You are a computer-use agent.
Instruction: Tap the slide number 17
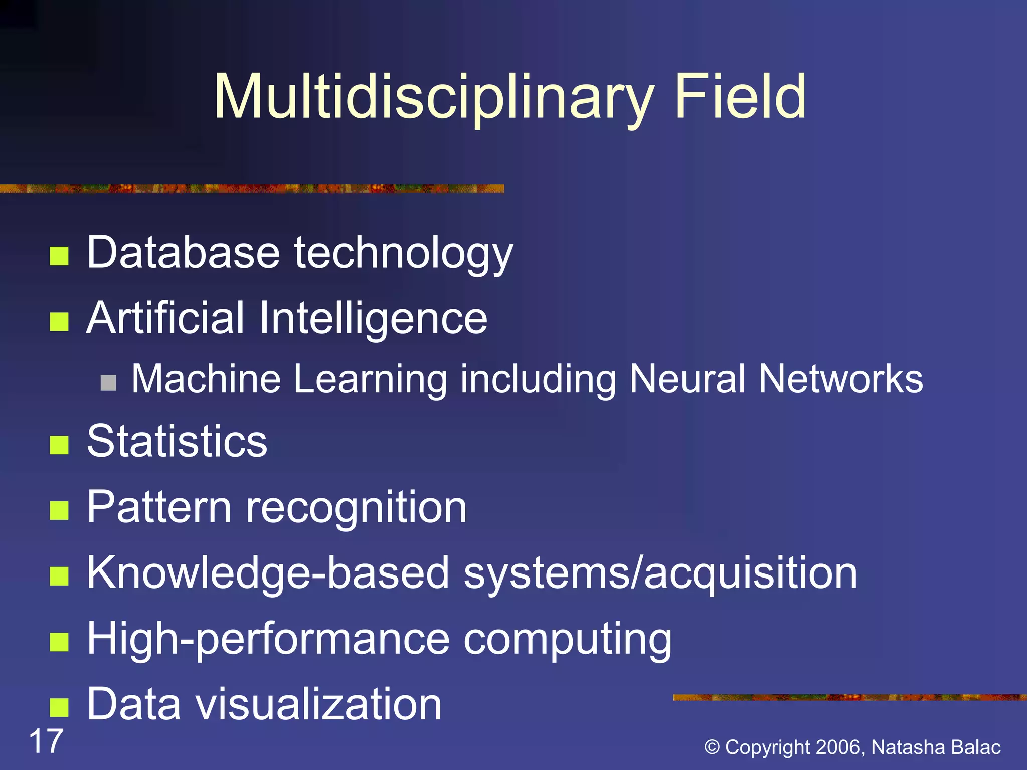pos(46,741)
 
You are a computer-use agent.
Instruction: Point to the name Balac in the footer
pos(976,747)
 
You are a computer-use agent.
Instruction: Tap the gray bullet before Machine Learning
pos(108,382)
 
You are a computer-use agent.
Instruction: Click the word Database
pos(183,252)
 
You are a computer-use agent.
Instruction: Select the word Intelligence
pos(373,318)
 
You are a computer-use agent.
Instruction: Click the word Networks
pos(840,378)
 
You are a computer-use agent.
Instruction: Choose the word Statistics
pos(177,441)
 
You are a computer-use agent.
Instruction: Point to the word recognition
pos(356,507)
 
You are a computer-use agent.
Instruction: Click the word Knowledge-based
pos(268,573)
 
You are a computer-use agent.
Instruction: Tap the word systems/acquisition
pos(660,573)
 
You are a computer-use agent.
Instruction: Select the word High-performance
pos(269,639)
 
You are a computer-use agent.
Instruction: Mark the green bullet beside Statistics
pos(59,445)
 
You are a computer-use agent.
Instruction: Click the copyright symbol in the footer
pos(712,747)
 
